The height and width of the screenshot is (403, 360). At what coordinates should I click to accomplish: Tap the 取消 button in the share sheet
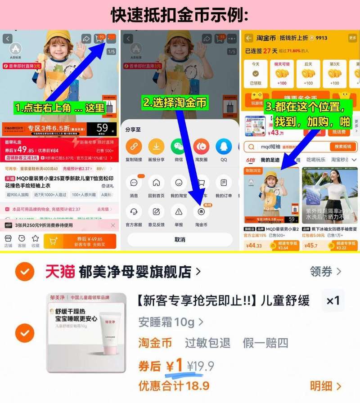coord(180,240)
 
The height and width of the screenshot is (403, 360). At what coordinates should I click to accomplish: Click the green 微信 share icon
coord(178,147)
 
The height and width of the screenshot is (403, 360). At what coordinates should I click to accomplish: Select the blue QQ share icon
coord(224,147)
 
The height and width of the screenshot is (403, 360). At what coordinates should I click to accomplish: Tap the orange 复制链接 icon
coord(134,147)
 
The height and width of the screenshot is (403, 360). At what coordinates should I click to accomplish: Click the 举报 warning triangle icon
coord(179,211)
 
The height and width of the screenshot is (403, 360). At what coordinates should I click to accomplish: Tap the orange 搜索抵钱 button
coord(343,147)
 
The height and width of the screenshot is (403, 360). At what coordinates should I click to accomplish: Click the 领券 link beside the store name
coord(325,271)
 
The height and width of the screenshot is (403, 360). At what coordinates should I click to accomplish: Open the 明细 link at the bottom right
coord(325,386)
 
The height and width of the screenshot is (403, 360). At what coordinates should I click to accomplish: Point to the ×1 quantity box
coord(333,301)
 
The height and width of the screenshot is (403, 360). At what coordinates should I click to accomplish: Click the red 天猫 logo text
coord(60,272)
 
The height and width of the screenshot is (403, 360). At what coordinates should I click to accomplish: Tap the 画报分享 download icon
coord(156,147)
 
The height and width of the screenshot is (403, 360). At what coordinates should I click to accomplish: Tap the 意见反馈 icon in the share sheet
coord(156,211)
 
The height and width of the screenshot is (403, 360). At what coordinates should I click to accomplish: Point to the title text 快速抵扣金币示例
coord(180,15)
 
